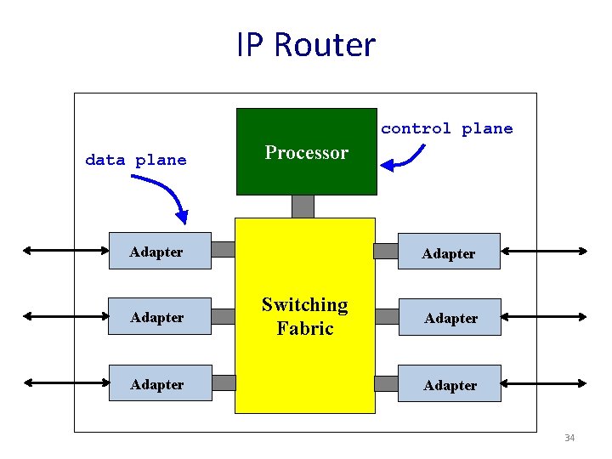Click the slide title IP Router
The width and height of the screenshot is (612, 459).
(x=306, y=45)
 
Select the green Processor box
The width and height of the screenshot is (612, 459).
(x=306, y=151)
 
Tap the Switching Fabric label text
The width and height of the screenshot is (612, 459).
(x=304, y=316)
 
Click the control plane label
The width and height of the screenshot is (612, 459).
(x=446, y=128)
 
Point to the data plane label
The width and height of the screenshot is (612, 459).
(x=136, y=160)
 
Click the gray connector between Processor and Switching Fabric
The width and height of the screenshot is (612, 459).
(x=303, y=206)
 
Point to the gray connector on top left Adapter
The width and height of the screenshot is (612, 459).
(x=223, y=250)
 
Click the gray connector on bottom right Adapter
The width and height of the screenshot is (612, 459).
(x=387, y=383)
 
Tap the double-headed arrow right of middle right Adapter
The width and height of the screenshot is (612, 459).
(x=544, y=316)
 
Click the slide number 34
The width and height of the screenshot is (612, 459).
(x=569, y=438)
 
